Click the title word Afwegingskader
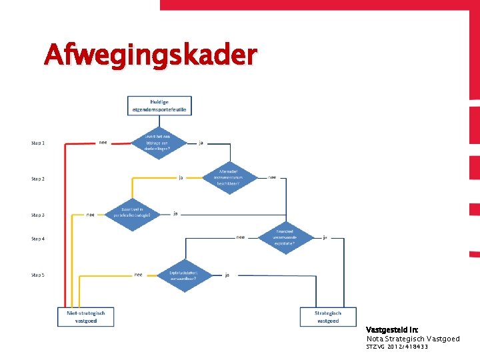point(150,55)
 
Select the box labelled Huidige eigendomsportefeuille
point(159,105)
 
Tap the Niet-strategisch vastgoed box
point(86,317)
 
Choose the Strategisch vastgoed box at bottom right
point(328,317)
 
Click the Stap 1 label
point(38,143)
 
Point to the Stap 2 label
point(38,179)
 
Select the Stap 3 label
point(38,215)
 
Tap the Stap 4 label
point(38,239)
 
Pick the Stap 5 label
point(38,275)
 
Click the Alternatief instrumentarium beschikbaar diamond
point(230,178)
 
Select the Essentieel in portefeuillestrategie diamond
point(133,214)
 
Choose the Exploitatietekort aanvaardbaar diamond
point(183,275)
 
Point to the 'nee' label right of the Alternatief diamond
point(272,177)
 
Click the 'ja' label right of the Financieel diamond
point(325,237)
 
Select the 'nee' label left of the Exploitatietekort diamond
point(138,274)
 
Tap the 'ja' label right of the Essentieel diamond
point(175,213)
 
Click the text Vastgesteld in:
point(392,330)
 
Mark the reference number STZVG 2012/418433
point(397,347)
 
